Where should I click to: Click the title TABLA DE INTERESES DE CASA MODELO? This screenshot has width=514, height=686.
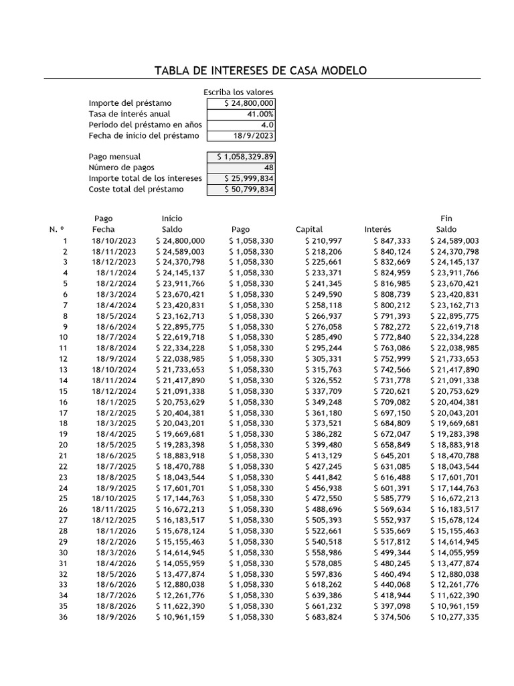(x=260, y=71)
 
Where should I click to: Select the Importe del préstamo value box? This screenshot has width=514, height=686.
(x=241, y=103)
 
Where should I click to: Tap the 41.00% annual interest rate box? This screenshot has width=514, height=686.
(x=241, y=114)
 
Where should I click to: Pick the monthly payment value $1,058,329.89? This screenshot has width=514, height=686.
(x=241, y=157)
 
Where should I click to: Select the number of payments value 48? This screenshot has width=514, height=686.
(x=241, y=167)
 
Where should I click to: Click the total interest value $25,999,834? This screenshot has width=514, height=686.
(x=241, y=178)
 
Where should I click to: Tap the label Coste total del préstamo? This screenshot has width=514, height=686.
(x=136, y=189)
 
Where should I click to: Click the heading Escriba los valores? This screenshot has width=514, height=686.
(x=238, y=92)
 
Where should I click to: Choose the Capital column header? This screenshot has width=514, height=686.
(x=309, y=230)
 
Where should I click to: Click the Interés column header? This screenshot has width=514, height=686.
(x=377, y=230)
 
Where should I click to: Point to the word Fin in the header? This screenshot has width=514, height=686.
(x=446, y=218)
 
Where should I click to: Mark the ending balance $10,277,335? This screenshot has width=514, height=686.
(x=454, y=616)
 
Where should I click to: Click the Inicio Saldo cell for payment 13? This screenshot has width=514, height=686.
(x=180, y=370)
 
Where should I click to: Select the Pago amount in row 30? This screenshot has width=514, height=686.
(x=251, y=552)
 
